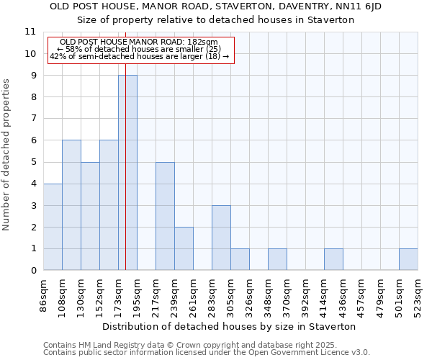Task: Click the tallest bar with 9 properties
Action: (127, 173)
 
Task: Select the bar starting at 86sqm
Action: (53, 227)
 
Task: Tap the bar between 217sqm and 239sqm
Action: (165, 216)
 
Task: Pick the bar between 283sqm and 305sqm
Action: (221, 238)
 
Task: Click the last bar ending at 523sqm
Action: (408, 259)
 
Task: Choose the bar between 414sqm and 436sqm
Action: (333, 259)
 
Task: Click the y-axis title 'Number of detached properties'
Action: (6, 155)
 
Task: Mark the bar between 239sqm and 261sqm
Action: (184, 248)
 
